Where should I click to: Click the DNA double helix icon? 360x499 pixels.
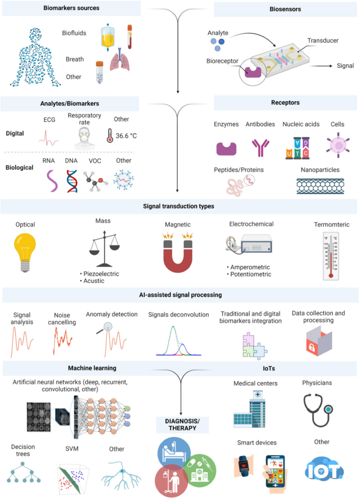72,179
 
